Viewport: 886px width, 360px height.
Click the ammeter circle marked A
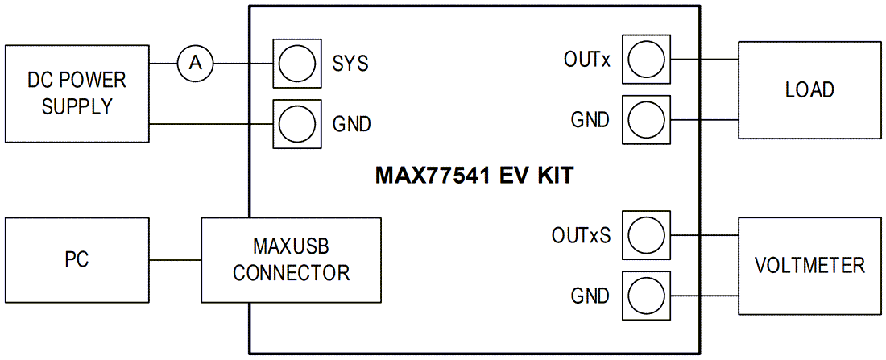point(194,63)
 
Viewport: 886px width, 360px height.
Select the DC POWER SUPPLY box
point(77,93)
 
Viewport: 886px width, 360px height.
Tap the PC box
point(77,259)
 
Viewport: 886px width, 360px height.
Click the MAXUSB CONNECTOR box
point(291,259)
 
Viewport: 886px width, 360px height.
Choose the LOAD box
point(809,90)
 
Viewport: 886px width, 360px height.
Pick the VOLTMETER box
point(809,265)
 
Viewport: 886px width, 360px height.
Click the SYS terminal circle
point(295,61)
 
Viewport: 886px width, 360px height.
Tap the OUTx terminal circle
point(647,59)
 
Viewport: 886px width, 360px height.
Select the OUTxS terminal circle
point(647,235)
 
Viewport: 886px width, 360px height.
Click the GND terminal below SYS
point(295,123)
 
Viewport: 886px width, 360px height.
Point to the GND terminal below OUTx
point(647,120)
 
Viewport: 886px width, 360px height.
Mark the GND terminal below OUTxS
point(647,296)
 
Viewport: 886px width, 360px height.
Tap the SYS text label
point(350,63)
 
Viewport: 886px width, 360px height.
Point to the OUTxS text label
point(581,236)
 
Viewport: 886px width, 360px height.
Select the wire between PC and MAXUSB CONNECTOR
point(175,259)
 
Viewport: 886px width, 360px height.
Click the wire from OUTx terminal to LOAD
point(703,59)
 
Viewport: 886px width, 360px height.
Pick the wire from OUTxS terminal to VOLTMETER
point(703,235)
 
